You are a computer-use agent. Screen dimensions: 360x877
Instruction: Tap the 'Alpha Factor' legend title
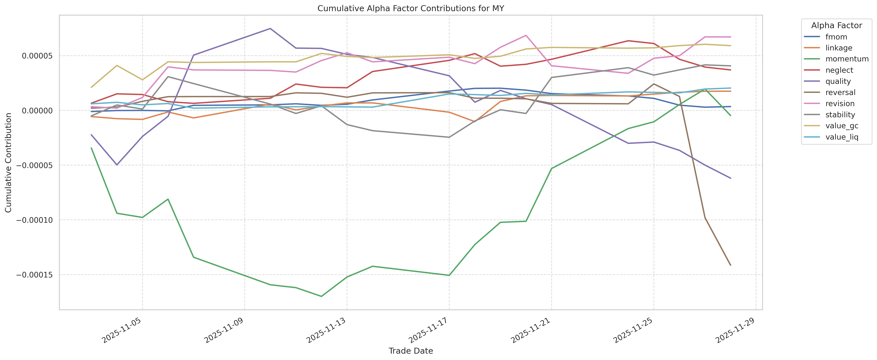point(837,26)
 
